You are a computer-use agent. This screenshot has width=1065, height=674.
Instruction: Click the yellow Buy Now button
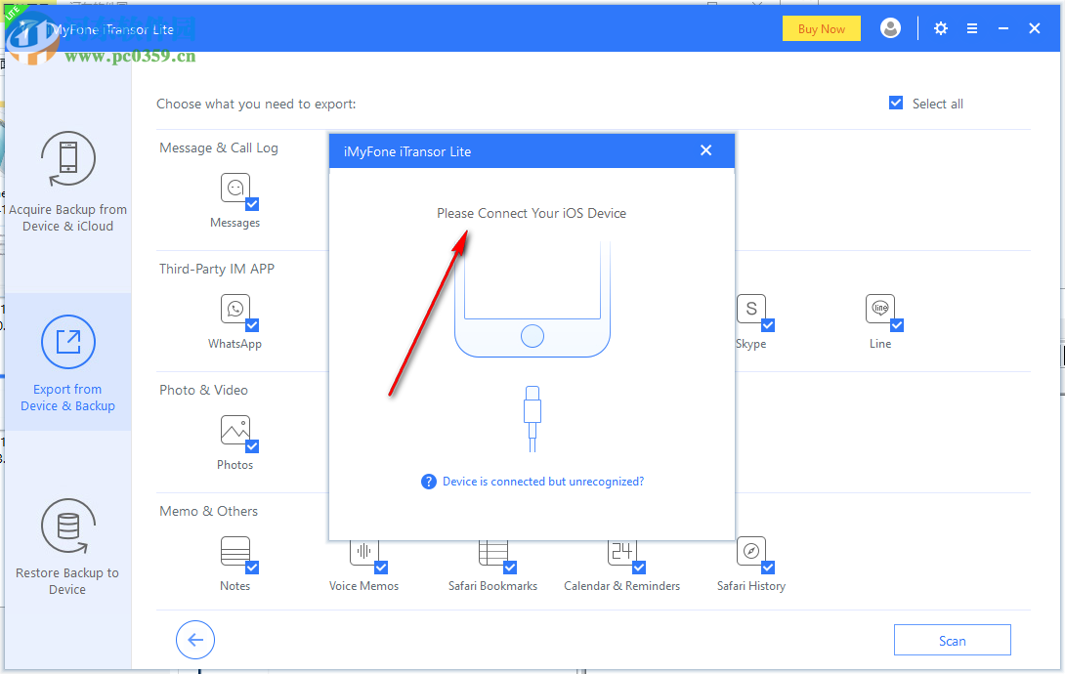[x=821, y=28]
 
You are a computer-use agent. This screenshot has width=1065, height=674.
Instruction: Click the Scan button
[x=952, y=641]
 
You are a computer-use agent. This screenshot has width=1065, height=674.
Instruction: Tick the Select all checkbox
[x=896, y=104]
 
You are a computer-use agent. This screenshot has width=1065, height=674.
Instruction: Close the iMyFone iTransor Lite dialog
[x=705, y=150]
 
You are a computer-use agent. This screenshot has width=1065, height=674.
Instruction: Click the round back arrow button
[x=195, y=640]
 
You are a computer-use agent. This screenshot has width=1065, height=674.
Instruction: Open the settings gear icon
[x=941, y=28]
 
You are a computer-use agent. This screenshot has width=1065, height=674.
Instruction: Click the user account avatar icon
[x=890, y=28]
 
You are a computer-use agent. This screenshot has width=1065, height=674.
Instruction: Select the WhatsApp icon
[x=235, y=310]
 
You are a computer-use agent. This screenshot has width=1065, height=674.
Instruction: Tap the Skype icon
[x=750, y=310]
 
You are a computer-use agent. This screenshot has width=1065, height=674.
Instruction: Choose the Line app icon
[x=879, y=310]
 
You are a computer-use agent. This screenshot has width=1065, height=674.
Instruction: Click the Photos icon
[x=235, y=431]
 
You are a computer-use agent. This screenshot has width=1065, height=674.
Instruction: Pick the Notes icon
[x=235, y=552]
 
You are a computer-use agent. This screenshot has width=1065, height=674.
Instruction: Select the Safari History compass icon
[x=750, y=552]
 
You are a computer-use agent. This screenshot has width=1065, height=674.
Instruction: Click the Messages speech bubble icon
[x=235, y=189]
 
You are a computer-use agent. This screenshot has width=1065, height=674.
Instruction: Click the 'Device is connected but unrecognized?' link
[x=543, y=482]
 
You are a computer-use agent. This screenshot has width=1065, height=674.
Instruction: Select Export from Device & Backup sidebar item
[x=67, y=362]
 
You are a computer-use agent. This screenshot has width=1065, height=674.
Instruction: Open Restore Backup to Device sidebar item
[x=67, y=546]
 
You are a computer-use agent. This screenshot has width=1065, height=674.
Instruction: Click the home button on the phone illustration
[x=532, y=337]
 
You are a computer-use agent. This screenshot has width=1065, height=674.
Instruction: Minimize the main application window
[x=1003, y=28]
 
